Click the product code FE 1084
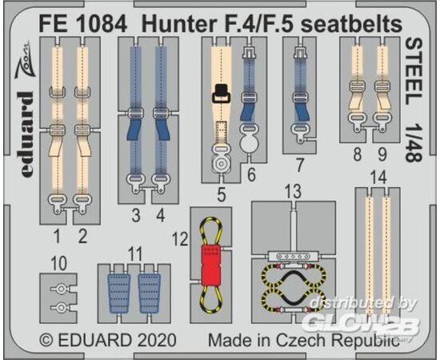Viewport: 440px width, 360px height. click(x=83, y=24)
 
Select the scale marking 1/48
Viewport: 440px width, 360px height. click(x=414, y=144)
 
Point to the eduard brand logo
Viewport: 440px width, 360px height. click(x=27, y=134)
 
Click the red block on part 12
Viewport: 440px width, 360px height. click(x=210, y=265)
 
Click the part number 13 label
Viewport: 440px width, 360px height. click(x=293, y=192)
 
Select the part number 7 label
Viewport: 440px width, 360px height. click(x=300, y=165)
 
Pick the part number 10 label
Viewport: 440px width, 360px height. click(x=59, y=264)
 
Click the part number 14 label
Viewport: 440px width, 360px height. click(x=378, y=178)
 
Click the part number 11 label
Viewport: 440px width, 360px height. click(x=134, y=254)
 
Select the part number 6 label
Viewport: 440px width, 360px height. click(x=251, y=174)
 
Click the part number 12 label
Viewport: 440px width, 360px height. click(x=179, y=239)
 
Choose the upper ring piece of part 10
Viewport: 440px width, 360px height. click(x=60, y=289)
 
